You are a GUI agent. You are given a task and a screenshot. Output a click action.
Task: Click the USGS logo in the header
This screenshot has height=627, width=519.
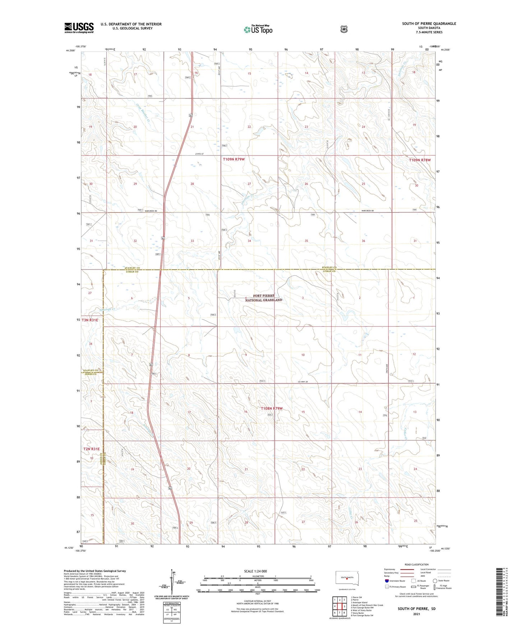pyautogui.click(x=79, y=28)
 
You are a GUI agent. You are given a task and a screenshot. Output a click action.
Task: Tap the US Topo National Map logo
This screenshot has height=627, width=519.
pyautogui.click(x=258, y=29)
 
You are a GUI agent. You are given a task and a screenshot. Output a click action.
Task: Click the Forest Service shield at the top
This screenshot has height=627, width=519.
pyautogui.click(x=344, y=29)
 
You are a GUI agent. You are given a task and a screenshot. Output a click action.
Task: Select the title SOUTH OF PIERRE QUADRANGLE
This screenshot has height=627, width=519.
pyautogui.click(x=429, y=24)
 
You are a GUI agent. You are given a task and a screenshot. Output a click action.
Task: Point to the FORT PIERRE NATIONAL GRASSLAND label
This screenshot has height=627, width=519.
pyautogui.click(x=264, y=298)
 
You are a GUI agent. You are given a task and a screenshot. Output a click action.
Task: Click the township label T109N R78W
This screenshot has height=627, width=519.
pyautogui.click(x=419, y=160)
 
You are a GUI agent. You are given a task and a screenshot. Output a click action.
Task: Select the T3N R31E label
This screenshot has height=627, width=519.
pyautogui.click(x=90, y=320)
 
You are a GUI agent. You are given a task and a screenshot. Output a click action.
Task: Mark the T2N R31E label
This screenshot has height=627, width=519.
pyautogui.click(x=91, y=449)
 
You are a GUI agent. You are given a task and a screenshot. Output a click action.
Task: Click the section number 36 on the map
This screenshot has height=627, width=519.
pyautogui.click(x=363, y=241)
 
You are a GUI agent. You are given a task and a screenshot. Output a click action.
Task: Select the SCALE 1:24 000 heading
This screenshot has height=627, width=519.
pyautogui.click(x=255, y=571)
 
